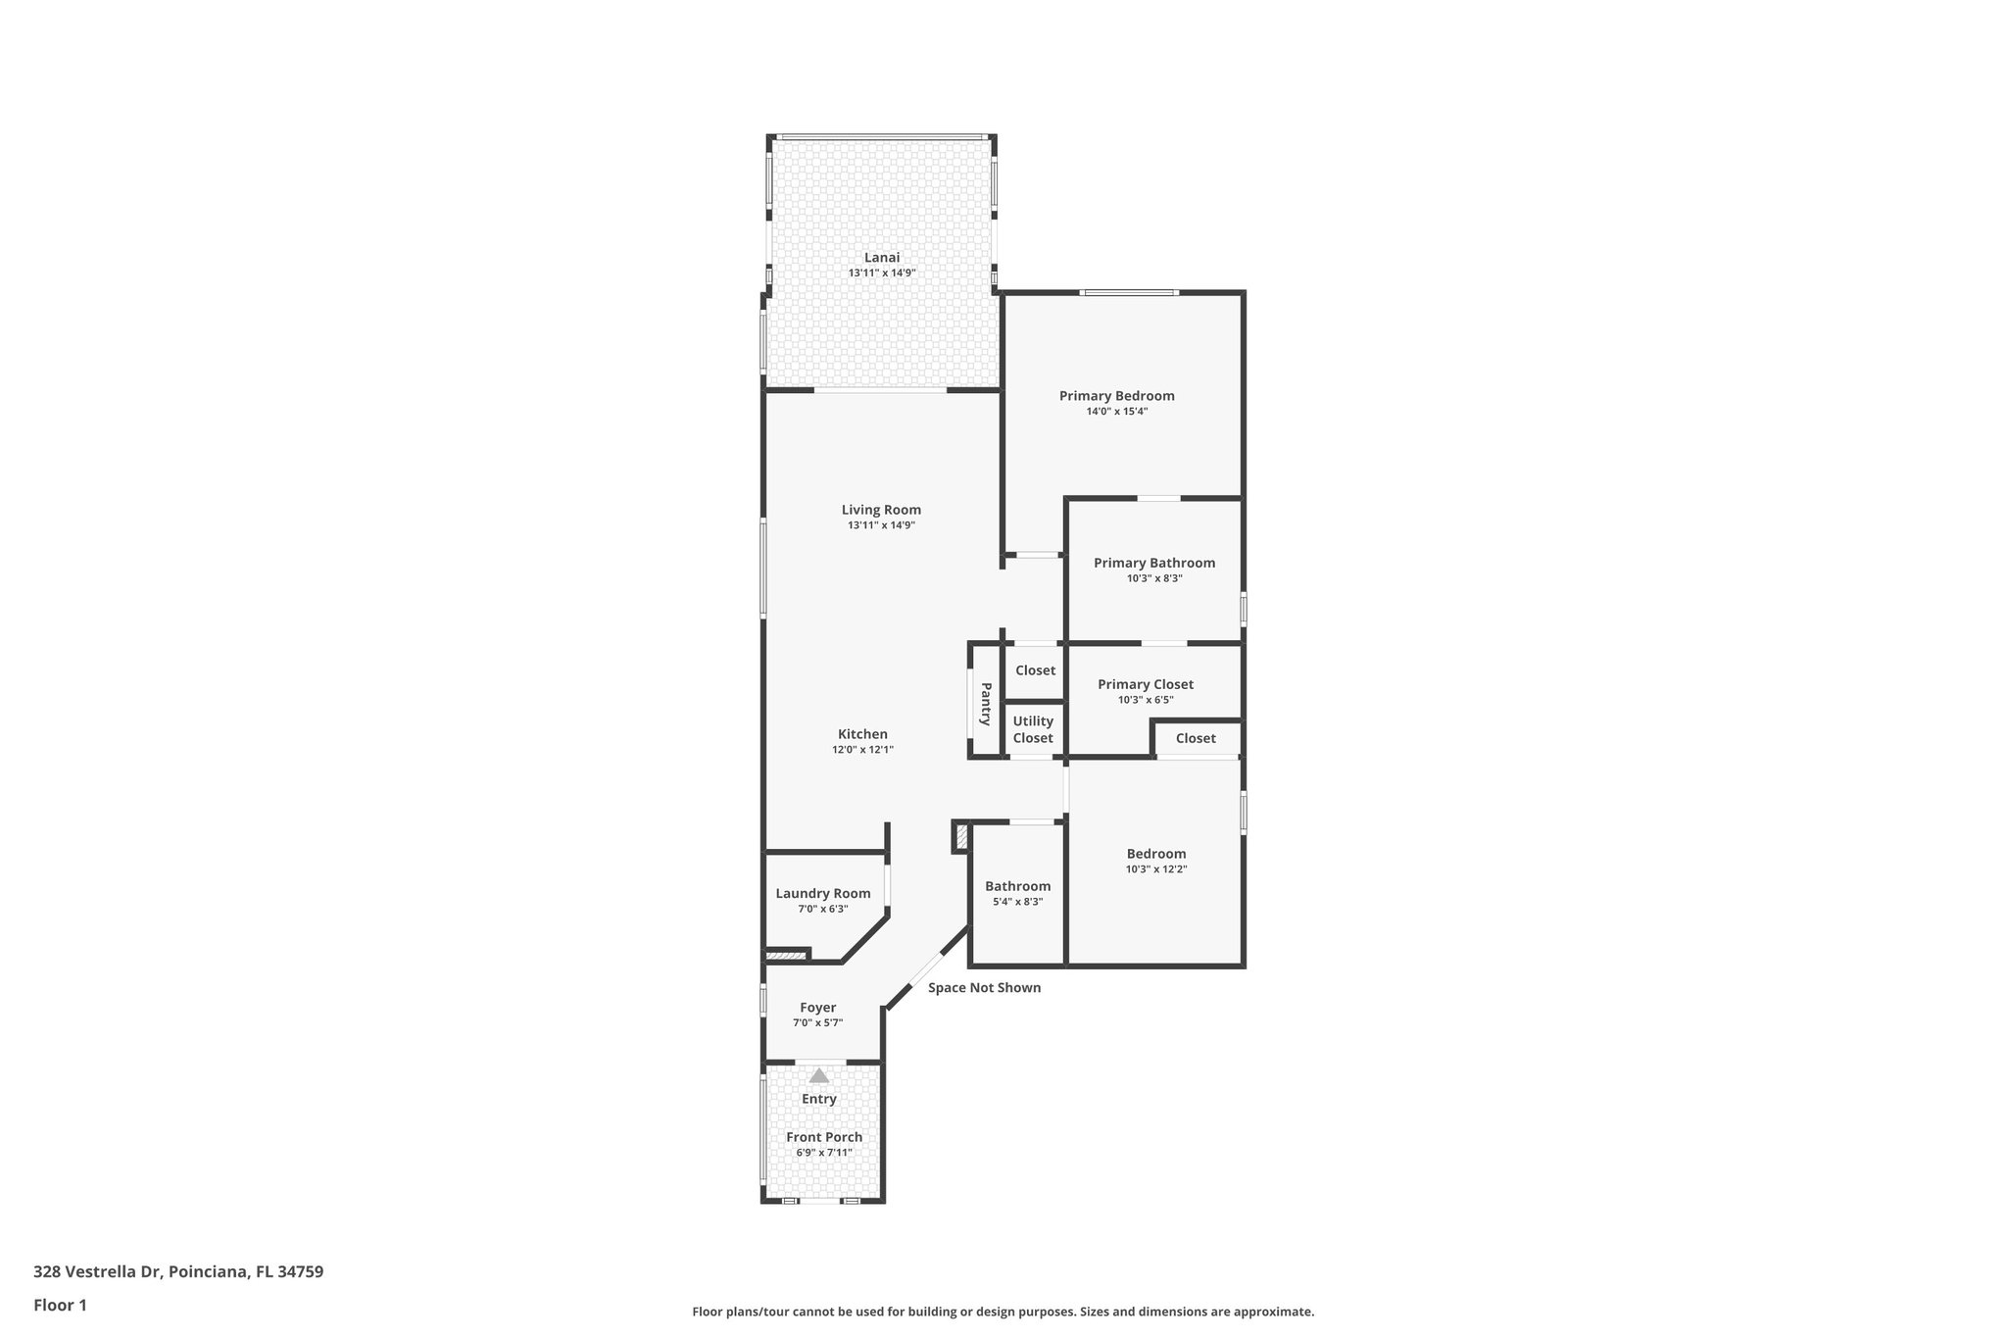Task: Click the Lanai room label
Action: coord(881,258)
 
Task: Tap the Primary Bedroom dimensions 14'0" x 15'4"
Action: coord(1116,412)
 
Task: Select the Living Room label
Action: coord(881,510)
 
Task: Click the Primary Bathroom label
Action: coord(1154,563)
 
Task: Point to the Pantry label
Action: coord(986,704)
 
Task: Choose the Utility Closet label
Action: coord(1033,729)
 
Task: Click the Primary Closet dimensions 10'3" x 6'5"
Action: coord(1146,700)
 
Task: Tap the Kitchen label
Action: coord(862,734)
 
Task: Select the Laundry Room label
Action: coord(822,893)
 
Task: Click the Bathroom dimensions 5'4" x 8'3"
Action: coord(1017,902)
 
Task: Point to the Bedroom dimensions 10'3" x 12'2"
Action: coord(1156,869)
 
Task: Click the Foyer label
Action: coord(817,1008)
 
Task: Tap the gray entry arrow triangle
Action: coord(818,1075)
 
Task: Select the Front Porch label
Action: coord(824,1137)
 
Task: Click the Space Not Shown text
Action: coord(984,988)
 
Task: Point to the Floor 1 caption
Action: coord(60,1305)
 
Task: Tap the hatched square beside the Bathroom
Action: coord(961,836)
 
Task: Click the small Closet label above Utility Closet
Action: coord(1035,670)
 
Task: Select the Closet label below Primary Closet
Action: coord(1196,738)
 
